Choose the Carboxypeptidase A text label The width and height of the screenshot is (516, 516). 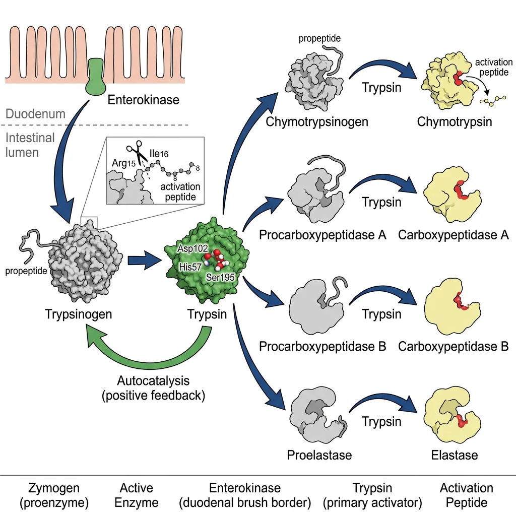pyautogui.click(x=453, y=235)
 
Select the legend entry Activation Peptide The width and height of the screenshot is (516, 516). pyautogui.click(x=466, y=495)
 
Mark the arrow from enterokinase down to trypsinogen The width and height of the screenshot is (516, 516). pyautogui.click(x=63, y=166)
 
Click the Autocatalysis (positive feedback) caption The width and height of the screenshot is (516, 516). pyautogui.click(x=153, y=388)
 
